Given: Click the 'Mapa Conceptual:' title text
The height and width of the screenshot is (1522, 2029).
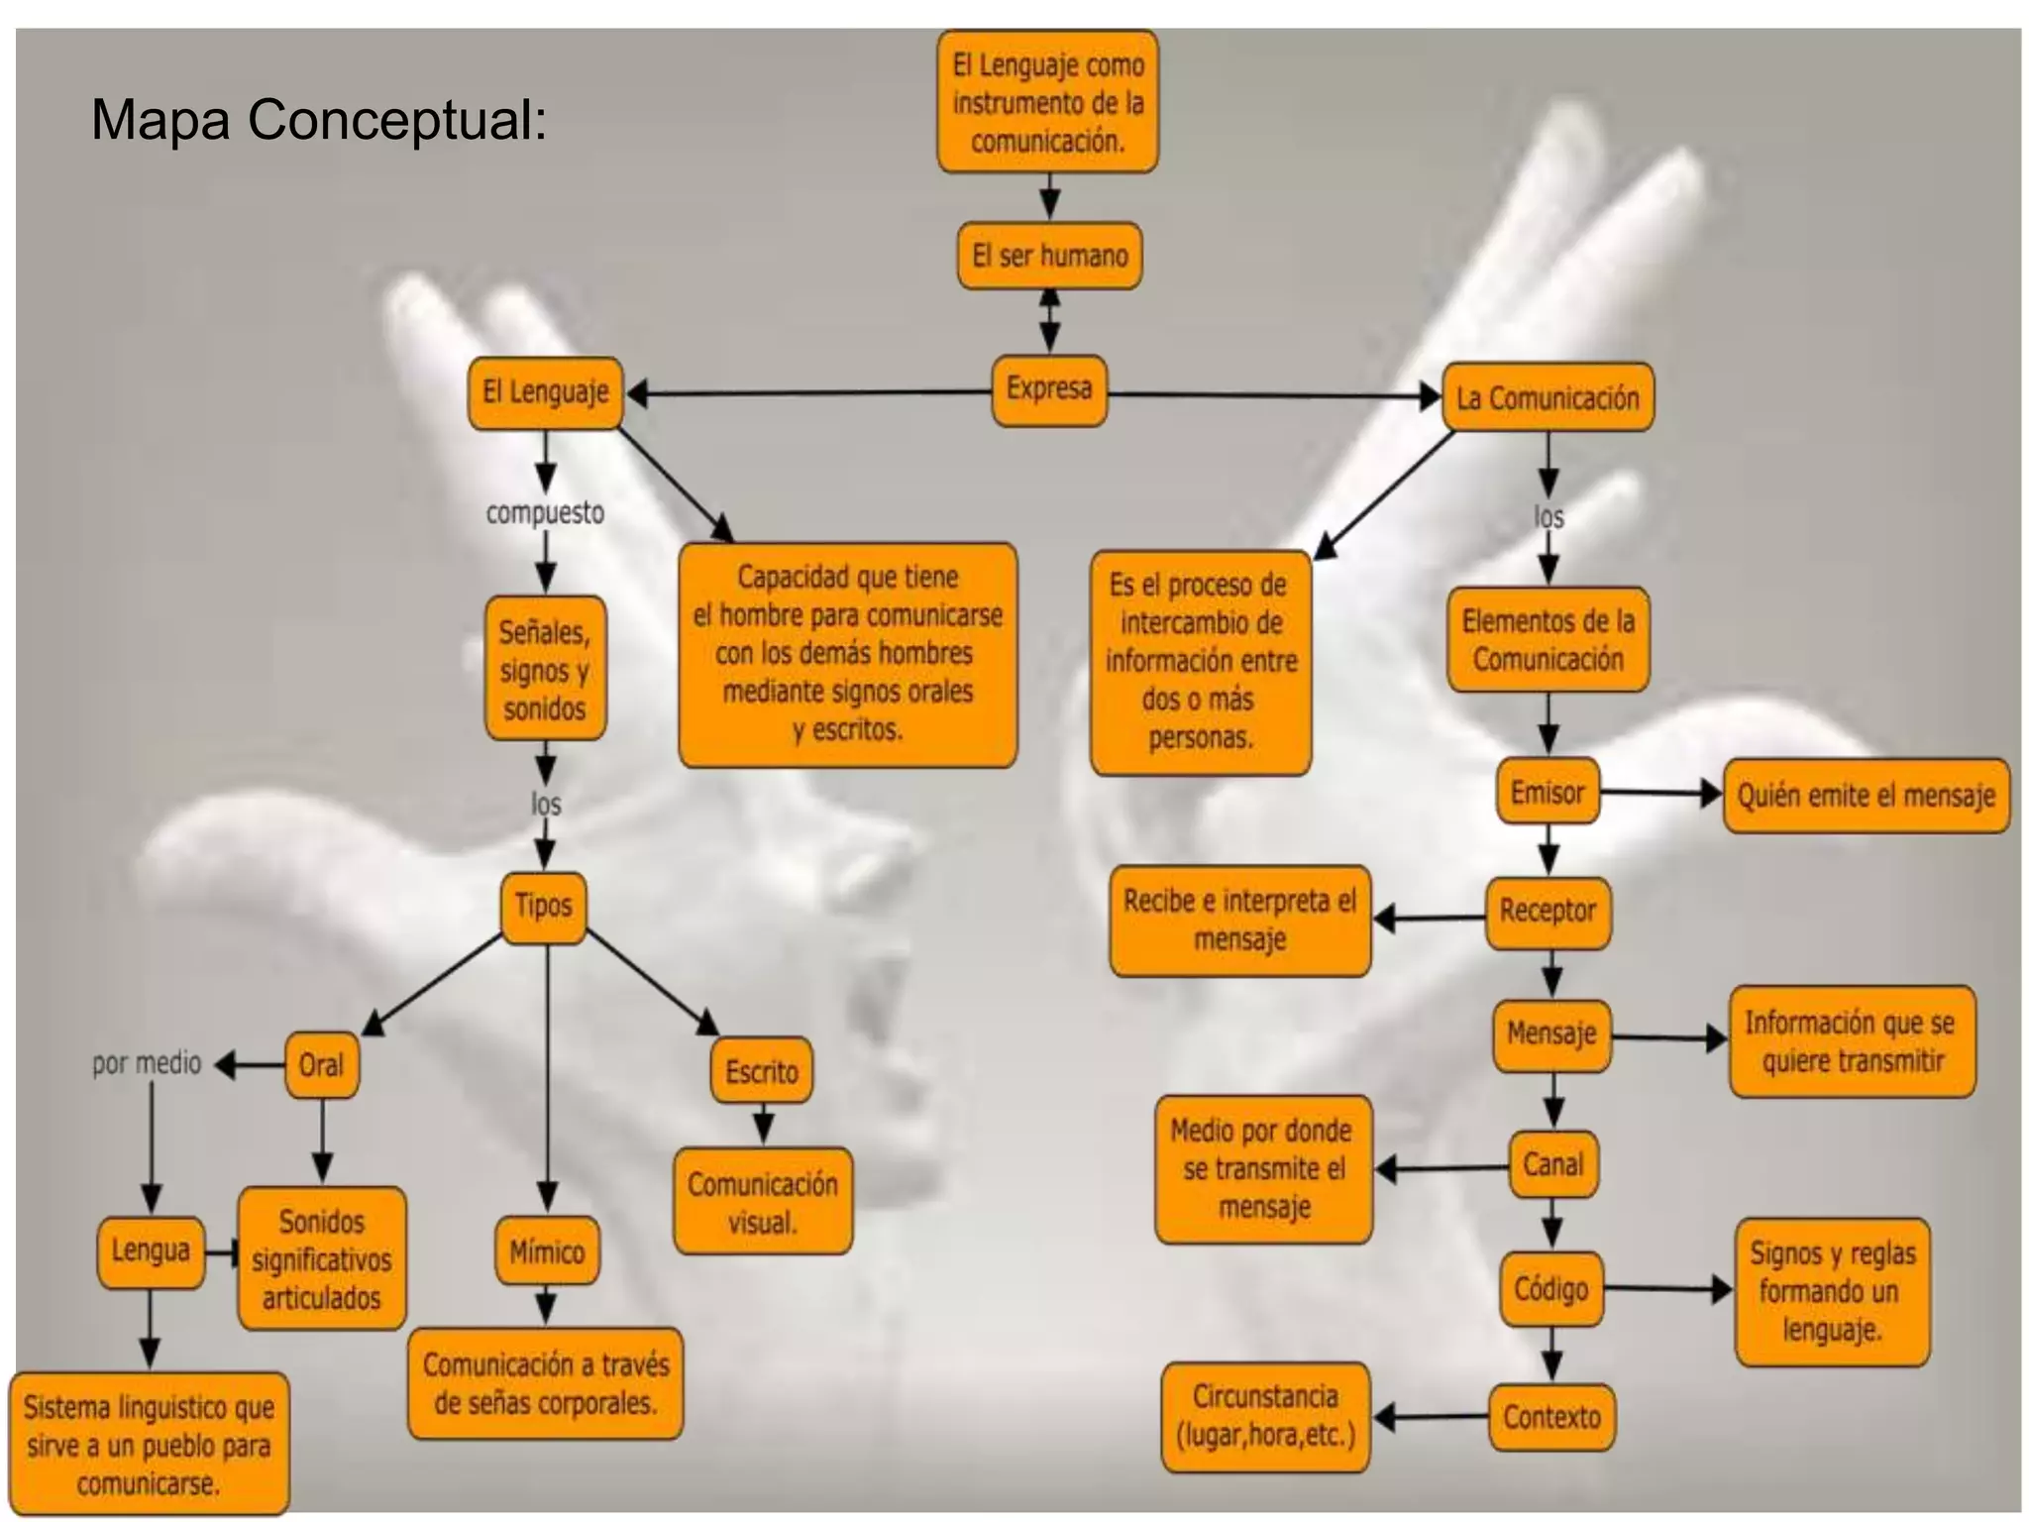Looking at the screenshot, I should [x=318, y=121].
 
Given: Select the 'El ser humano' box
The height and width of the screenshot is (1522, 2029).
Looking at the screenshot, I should [x=1049, y=256].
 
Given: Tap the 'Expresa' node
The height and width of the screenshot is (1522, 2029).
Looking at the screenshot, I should [x=1048, y=389].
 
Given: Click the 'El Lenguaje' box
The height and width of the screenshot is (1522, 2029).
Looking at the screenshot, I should [x=545, y=392].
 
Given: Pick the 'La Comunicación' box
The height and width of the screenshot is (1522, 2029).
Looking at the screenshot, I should [x=1547, y=397].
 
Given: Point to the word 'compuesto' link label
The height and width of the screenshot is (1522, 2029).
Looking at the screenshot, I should [x=544, y=513].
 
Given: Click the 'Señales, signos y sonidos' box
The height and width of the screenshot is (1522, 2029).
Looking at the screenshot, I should [x=544, y=669].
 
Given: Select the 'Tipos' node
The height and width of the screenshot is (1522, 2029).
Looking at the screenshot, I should [x=543, y=906].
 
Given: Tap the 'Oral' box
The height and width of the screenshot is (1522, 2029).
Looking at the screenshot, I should [x=321, y=1065].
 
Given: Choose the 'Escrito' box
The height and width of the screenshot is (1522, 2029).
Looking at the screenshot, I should [x=761, y=1071].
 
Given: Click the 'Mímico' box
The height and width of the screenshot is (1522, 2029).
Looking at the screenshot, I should [x=546, y=1251].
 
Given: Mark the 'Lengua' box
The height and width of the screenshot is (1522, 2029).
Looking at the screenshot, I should [x=151, y=1251].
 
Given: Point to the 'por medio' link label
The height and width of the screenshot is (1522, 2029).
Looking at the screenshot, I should [x=147, y=1064].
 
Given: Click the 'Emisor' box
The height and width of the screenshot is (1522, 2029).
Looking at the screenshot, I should [x=1547, y=792].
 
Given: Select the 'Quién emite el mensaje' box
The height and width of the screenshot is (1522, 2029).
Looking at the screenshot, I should [x=1866, y=796].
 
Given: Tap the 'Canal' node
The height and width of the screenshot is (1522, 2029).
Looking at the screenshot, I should [x=1552, y=1164].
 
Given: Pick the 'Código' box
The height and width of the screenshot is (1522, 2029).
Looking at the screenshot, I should [x=1550, y=1288].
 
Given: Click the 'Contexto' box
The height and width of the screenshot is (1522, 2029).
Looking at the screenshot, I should [x=1551, y=1417].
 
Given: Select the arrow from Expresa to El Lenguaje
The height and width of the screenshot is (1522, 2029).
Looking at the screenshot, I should [x=807, y=393].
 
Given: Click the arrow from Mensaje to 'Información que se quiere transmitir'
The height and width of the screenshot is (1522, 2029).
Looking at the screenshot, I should [x=1668, y=1037].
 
